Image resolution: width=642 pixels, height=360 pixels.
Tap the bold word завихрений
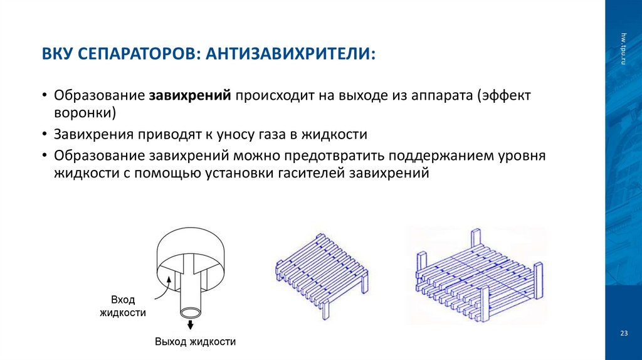(x=191, y=97)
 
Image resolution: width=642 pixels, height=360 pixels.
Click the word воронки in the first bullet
(x=85, y=114)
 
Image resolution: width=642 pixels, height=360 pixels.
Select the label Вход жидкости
(x=123, y=307)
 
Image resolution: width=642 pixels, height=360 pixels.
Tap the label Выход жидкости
(x=195, y=342)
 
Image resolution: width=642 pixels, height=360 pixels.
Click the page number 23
(x=623, y=333)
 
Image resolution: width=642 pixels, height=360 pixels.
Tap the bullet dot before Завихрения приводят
(x=45, y=134)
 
